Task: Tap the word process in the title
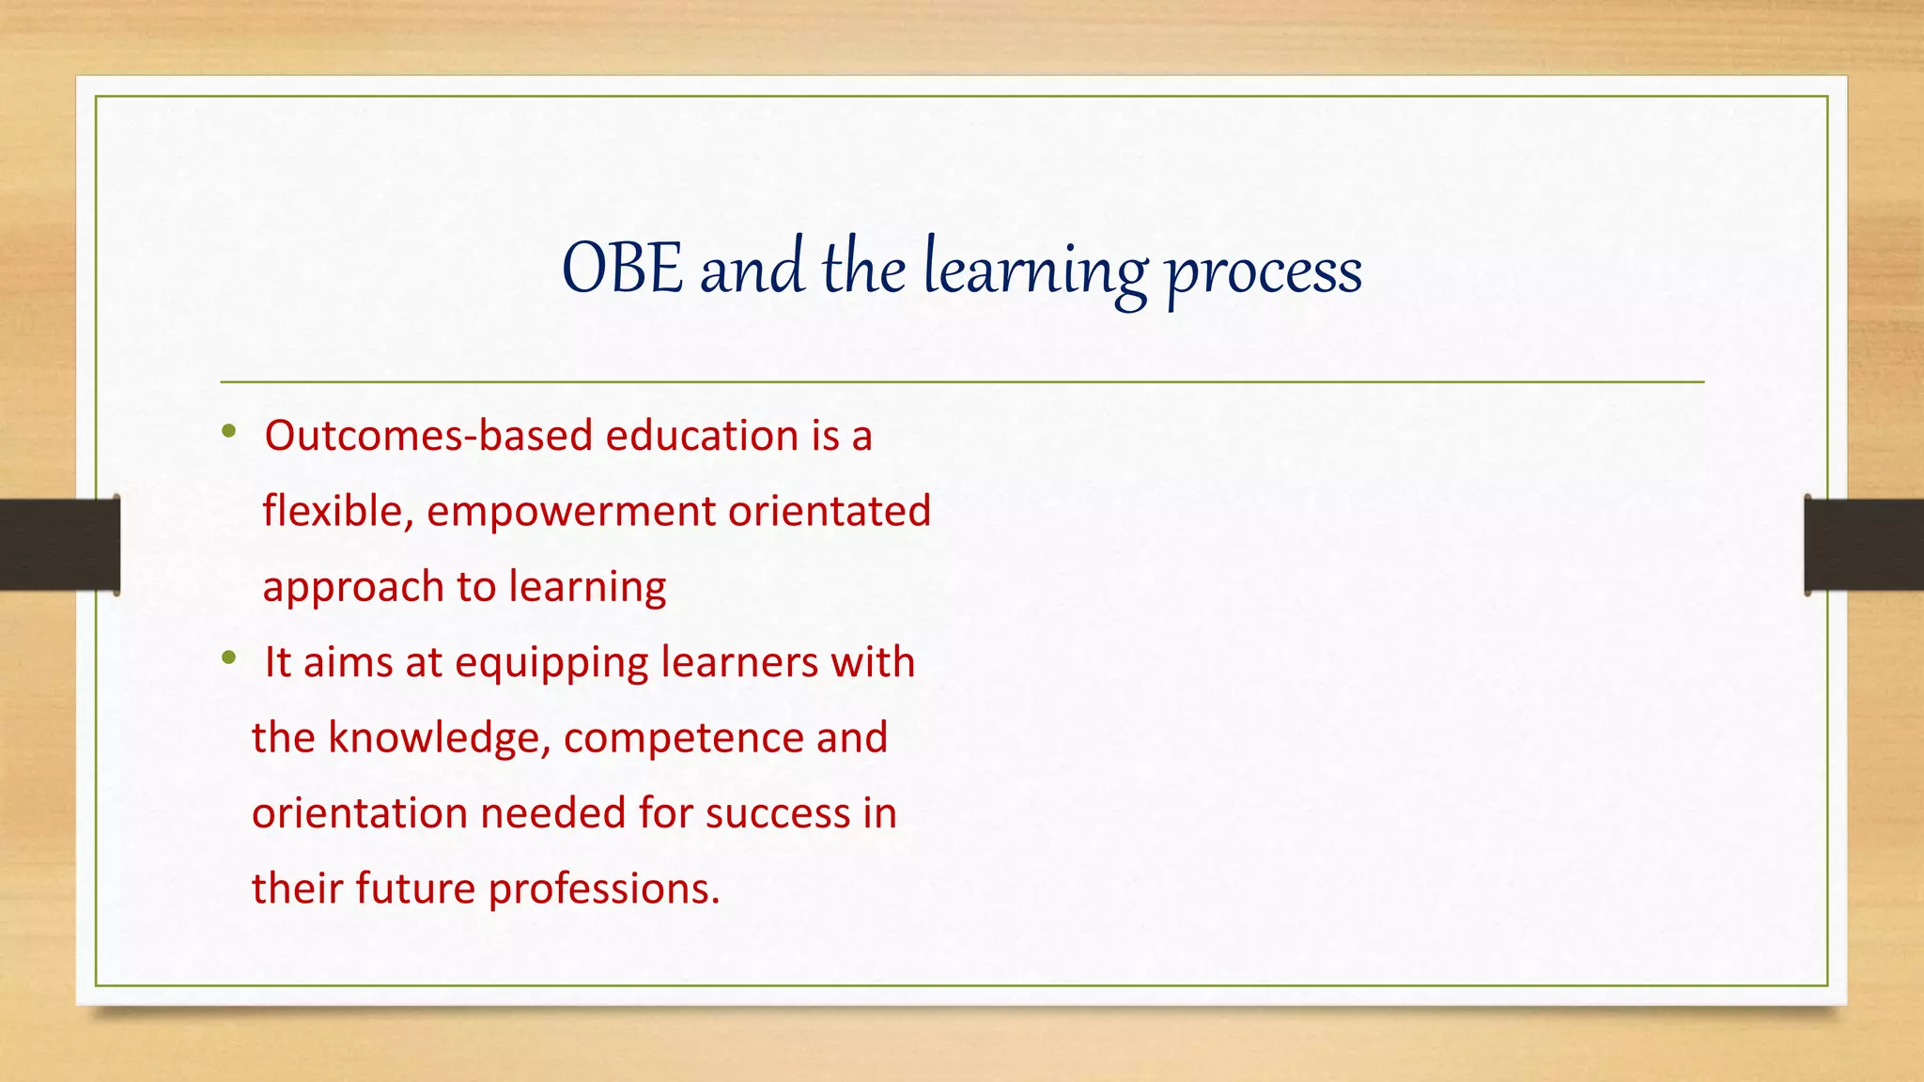tap(1264, 272)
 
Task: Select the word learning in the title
tap(1035, 270)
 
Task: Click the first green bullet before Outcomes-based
tap(228, 433)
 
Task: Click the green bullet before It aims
tap(228, 659)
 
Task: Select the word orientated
tap(830, 512)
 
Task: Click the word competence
tap(683, 738)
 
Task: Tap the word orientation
tap(360, 813)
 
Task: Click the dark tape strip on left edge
tap(59, 545)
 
